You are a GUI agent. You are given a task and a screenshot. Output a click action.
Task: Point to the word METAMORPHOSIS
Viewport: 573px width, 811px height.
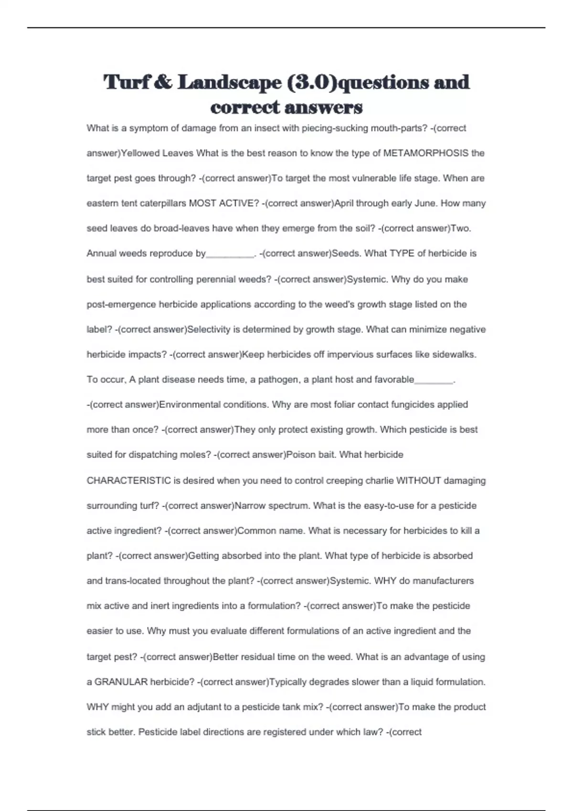(426, 153)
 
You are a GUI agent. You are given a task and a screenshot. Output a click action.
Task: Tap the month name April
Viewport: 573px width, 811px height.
(345, 203)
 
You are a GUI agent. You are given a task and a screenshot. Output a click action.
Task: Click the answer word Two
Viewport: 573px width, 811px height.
(460, 229)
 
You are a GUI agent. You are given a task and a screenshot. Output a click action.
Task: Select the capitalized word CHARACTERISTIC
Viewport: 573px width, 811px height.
(128, 480)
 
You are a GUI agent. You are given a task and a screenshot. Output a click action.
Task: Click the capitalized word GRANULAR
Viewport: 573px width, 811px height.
(121, 682)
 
